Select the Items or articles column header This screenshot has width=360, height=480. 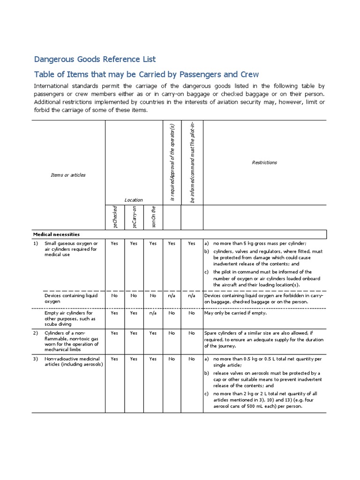tap(68, 175)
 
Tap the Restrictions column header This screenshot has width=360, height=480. tap(264, 163)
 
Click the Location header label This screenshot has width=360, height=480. tap(134, 200)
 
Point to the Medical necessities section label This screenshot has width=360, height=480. tap(56, 234)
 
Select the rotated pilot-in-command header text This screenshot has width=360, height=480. tap(192, 162)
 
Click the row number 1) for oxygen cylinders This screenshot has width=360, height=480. tap(36, 243)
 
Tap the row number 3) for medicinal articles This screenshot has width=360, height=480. tap(36, 359)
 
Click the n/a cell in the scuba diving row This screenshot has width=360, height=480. tap(153, 313)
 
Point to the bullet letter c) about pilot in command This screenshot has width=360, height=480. tap(206, 272)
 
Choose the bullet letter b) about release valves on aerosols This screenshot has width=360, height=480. tap(206, 373)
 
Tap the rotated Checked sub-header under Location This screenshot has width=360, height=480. tap(115, 217)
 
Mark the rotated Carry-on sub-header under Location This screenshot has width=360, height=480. tap(134, 217)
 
